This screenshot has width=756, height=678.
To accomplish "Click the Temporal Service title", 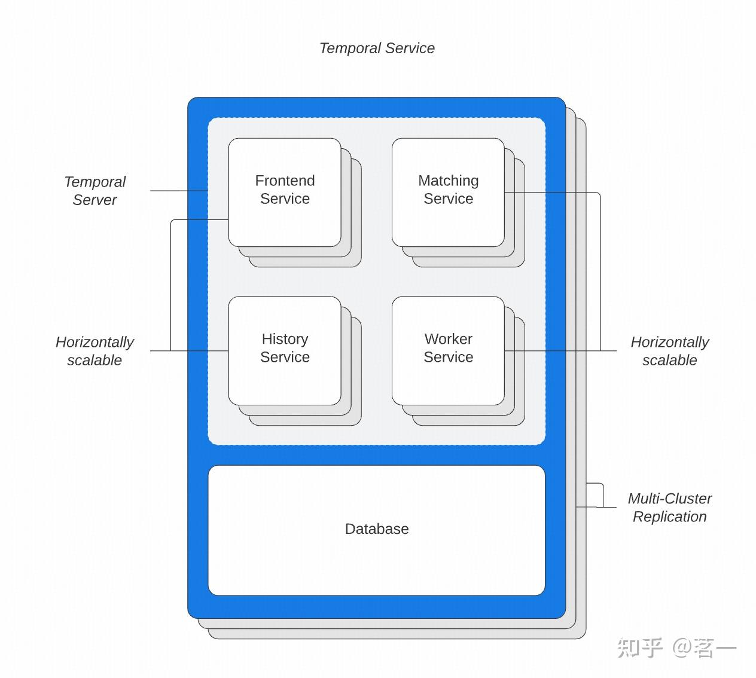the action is click(377, 48).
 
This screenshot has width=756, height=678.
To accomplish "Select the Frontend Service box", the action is click(285, 192).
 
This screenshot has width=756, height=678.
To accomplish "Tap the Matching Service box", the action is click(448, 192).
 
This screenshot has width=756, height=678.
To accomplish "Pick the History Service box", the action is click(285, 350).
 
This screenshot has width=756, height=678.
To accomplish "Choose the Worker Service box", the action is click(448, 350).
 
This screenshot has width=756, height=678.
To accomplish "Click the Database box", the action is click(377, 530).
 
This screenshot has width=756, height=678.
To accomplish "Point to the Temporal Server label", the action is click(94, 191).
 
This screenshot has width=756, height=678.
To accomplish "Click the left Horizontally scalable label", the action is click(94, 351).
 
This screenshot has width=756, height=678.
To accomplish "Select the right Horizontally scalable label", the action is click(670, 351).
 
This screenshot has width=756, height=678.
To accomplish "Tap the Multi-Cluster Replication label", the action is click(670, 508).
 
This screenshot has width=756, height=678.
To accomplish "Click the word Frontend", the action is click(285, 181).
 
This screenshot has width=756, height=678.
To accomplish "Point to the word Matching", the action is click(449, 181).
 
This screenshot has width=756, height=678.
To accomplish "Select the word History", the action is click(285, 340).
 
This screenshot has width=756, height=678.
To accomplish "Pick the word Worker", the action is click(449, 339).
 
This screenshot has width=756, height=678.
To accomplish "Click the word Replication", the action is click(670, 517).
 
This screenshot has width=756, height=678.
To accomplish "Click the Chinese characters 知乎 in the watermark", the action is click(639, 648).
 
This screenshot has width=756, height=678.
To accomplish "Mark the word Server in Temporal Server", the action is click(94, 200).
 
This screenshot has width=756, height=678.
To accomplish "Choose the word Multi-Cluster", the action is click(670, 499).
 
